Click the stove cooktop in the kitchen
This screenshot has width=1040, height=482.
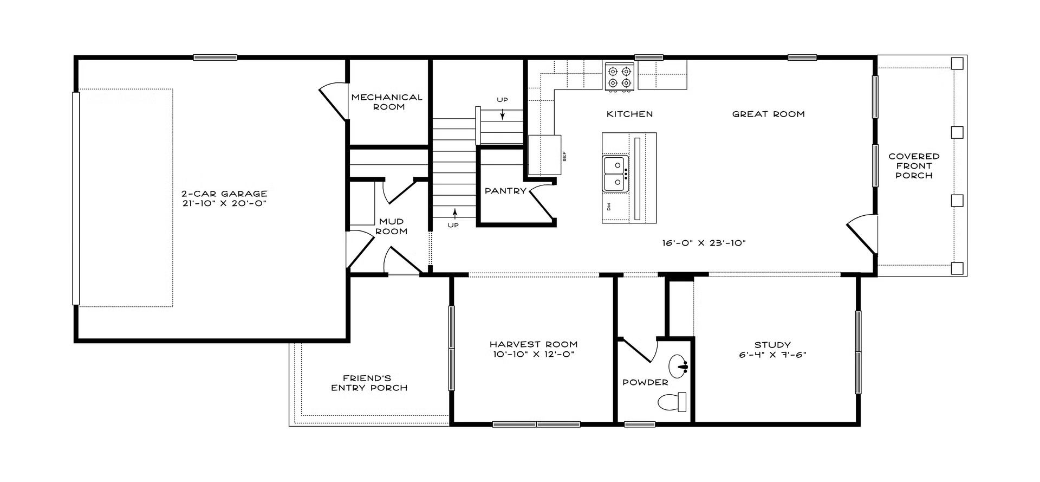point(620,76)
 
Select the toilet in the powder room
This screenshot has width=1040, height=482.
point(672,402)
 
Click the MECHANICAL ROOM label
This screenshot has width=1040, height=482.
point(387,102)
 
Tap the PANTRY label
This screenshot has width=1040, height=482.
point(505,191)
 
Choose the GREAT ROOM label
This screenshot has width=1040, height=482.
point(768,114)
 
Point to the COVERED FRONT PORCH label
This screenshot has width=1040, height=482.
point(914,166)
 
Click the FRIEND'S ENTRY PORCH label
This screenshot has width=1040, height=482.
point(369,383)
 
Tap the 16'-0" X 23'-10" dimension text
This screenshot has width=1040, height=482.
point(704,243)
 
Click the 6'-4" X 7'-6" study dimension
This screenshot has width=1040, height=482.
point(772,355)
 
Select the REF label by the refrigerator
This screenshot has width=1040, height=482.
point(564,157)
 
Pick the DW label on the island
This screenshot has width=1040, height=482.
point(609,207)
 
